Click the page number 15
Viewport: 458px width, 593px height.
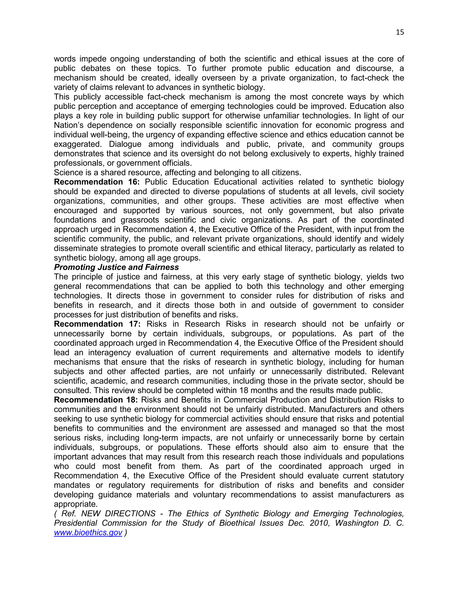pyautogui.click(x=400, y=32)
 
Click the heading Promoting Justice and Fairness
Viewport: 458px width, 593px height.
pyautogui.click(x=116, y=267)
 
